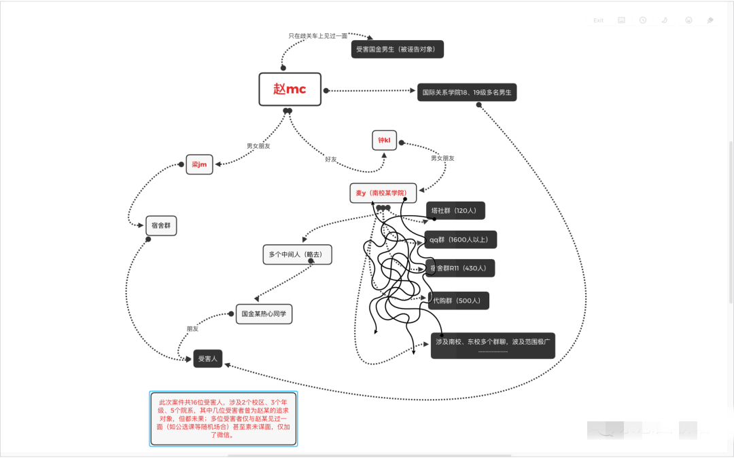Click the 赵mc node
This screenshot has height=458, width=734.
point(290,90)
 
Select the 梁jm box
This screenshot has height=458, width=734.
point(199,164)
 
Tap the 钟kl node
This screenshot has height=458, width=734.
point(384,140)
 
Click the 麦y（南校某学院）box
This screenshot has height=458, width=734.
point(383,193)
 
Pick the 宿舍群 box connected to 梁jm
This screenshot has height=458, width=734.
point(161,226)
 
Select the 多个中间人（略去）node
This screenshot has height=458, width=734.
point(297,254)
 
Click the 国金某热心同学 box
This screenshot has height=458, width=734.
point(264,314)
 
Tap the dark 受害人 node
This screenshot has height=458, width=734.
point(207,358)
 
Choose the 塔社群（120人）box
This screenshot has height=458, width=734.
point(455,211)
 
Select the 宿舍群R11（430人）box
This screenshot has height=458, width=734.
point(460,268)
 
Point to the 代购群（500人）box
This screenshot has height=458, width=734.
point(459,301)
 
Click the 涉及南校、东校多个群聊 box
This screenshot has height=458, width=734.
point(493,345)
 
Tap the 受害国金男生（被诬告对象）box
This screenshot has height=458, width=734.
point(398,49)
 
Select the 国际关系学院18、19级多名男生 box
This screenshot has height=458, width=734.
point(467,92)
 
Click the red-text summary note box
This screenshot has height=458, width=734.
point(223,418)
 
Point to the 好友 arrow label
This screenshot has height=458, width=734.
point(331,159)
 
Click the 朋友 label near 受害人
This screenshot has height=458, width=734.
point(193,328)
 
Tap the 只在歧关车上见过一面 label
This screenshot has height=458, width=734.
point(318,35)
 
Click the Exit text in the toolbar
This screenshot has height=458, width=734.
point(598,20)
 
